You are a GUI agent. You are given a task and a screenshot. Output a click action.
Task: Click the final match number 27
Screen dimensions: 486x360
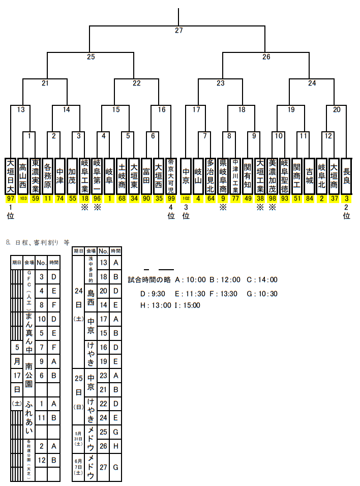(x=178, y=31)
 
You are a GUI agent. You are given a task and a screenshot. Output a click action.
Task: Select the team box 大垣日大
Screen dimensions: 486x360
(x=11, y=176)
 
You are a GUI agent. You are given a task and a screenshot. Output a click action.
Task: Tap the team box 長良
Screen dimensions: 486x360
(x=347, y=176)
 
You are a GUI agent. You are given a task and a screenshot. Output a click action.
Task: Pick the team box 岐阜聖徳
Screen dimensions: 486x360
(x=285, y=176)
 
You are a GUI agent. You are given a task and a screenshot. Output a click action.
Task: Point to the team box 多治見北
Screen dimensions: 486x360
(x=211, y=176)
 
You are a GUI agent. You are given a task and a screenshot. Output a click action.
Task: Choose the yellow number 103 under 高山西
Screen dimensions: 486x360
(x=23, y=198)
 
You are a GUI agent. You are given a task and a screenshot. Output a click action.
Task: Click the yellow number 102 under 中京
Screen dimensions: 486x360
(x=186, y=198)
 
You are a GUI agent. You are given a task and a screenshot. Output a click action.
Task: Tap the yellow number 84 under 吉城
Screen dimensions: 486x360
(x=310, y=198)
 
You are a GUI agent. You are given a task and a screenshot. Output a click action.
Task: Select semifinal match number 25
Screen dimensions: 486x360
(x=91, y=57)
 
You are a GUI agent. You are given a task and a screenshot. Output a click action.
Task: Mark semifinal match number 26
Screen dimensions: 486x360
(x=266, y=57)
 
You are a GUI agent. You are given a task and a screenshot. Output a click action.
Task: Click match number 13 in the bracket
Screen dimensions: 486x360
(x=21, y=109)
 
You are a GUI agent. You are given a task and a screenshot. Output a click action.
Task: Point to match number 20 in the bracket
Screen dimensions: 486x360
(x=337, y=109)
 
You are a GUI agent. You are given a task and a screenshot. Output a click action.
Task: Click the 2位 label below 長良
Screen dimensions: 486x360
(x=347, y=212)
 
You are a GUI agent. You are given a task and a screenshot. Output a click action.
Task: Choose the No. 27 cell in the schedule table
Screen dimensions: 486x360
(x=103, y=467)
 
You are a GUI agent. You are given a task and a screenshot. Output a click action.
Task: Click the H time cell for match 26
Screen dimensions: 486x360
(x=116, y=445)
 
